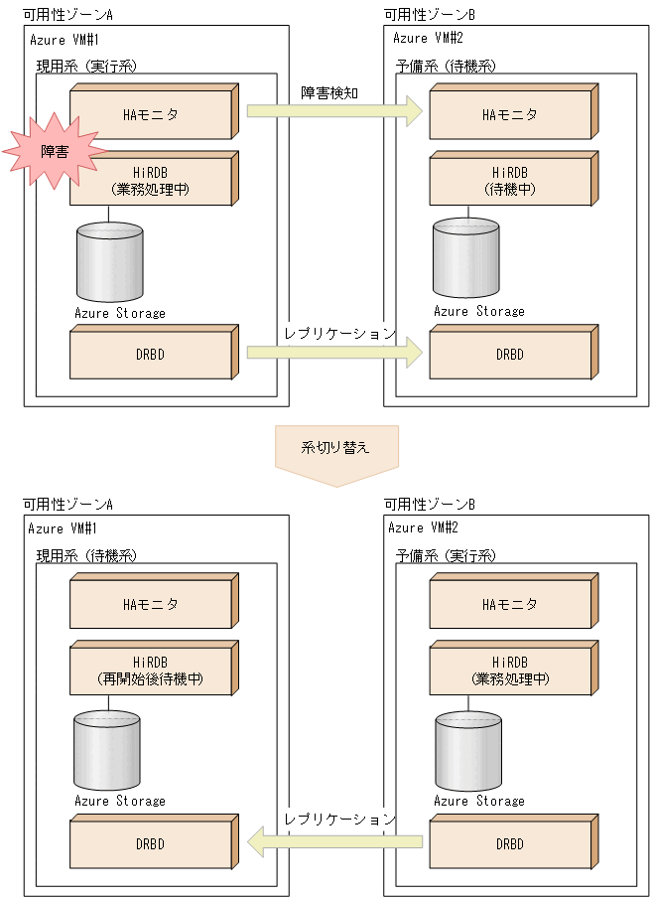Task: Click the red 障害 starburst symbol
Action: click(x=56, y=150)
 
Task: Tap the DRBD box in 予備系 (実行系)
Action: click(x=510, y=844)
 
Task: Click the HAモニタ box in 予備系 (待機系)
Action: click(x=510, y=114)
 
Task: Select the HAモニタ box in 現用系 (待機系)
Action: click(x=151, y=604)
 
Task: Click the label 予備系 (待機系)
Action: click(x=446, y=66)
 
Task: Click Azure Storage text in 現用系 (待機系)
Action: click(x=120, y=801)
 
